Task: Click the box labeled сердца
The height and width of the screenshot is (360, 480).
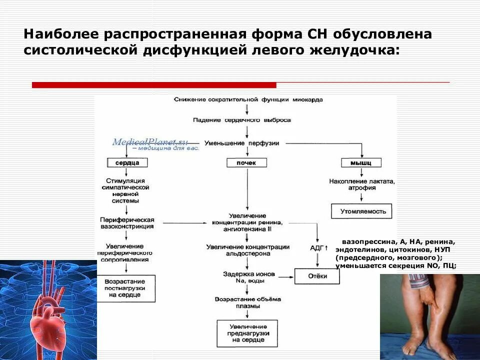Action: pos(127,163)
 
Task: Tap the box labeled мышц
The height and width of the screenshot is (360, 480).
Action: pos(361,163)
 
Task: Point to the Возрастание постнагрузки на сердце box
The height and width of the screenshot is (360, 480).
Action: pos(126,288)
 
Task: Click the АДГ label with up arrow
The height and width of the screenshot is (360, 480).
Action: pos(318,248)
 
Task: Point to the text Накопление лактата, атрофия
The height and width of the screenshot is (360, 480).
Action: pos(362,184)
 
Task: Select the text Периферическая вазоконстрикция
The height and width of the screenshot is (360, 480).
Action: pos(127,223)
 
